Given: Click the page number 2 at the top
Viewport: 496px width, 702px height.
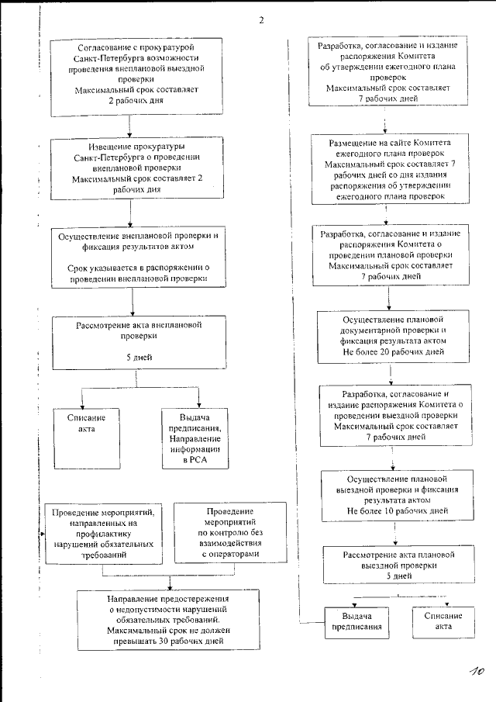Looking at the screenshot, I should (x=261, y=20).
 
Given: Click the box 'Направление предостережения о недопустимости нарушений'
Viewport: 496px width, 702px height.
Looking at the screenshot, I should (x=168, y=620).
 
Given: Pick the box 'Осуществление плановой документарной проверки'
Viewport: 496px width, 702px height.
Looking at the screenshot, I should (x=392, y=335).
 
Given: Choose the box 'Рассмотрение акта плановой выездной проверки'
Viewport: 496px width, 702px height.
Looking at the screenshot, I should (x=398, y=565).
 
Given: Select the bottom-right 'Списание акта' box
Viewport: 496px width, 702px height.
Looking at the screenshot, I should (x=443, y=621).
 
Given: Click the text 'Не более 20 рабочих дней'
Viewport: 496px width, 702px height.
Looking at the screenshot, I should (x=392, y=351).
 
